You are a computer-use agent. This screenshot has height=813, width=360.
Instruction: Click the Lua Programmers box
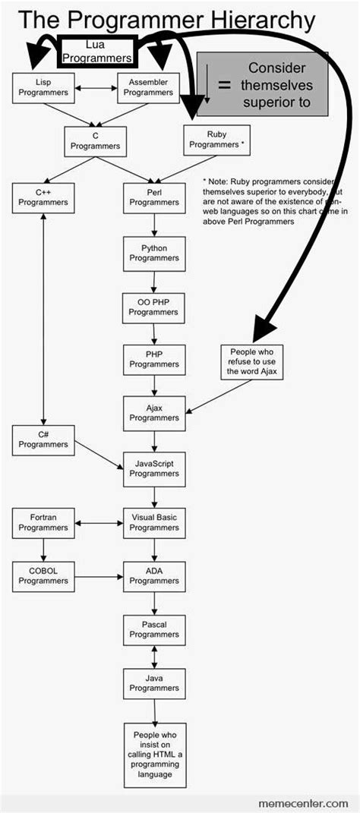[x=96, y=52]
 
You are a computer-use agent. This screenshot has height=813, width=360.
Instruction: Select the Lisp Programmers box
[x=43, y=88]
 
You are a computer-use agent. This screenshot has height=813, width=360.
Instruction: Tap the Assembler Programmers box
[x=148, y=88]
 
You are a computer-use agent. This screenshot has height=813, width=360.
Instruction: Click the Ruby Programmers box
[x=216, y=140]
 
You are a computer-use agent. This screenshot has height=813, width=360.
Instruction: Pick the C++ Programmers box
[x=43, y=197]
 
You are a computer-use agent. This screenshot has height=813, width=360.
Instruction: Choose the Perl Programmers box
[x=154, y=197]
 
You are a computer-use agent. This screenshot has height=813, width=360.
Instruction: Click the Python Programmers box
[x=154, y=253]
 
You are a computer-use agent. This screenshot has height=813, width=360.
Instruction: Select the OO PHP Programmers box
[x=154, y=307]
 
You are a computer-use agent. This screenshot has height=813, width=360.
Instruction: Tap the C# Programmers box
[x=43, y=440]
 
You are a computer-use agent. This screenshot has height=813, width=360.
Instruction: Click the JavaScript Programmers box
[x=154, y=468]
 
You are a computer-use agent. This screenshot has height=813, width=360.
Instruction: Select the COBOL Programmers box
[x=43, y=575]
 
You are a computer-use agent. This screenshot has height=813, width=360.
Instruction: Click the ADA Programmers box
[x=154, y=575]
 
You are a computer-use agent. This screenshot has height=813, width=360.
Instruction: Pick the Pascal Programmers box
[x=154, y=629]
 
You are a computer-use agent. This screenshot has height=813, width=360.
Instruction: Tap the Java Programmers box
[x=154, y=682]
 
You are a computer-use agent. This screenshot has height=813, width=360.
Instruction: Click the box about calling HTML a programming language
[x=154, y=755]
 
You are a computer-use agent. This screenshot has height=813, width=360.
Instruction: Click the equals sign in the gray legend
[x=224, y=86]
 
